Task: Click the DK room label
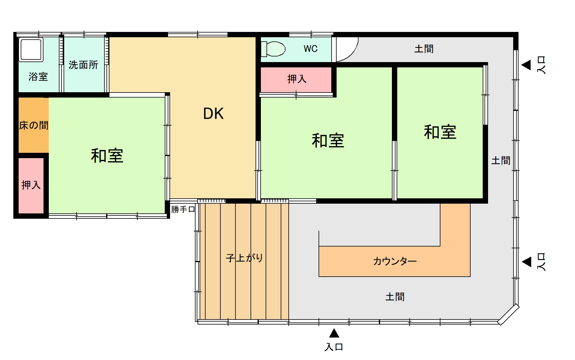213,113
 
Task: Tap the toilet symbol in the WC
273,49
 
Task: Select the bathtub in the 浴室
31,49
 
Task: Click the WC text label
311,48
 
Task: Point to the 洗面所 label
83,65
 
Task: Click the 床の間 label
34,125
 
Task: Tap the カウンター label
395,261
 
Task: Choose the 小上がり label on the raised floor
244,258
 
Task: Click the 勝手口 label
183,209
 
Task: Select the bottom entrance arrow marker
334,333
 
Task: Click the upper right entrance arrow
526,65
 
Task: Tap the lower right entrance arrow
526,262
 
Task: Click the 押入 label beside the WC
297,79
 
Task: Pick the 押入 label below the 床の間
31,185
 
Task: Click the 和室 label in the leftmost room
107,156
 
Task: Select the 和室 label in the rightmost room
440,132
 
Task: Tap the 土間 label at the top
424,49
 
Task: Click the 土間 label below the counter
395,297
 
